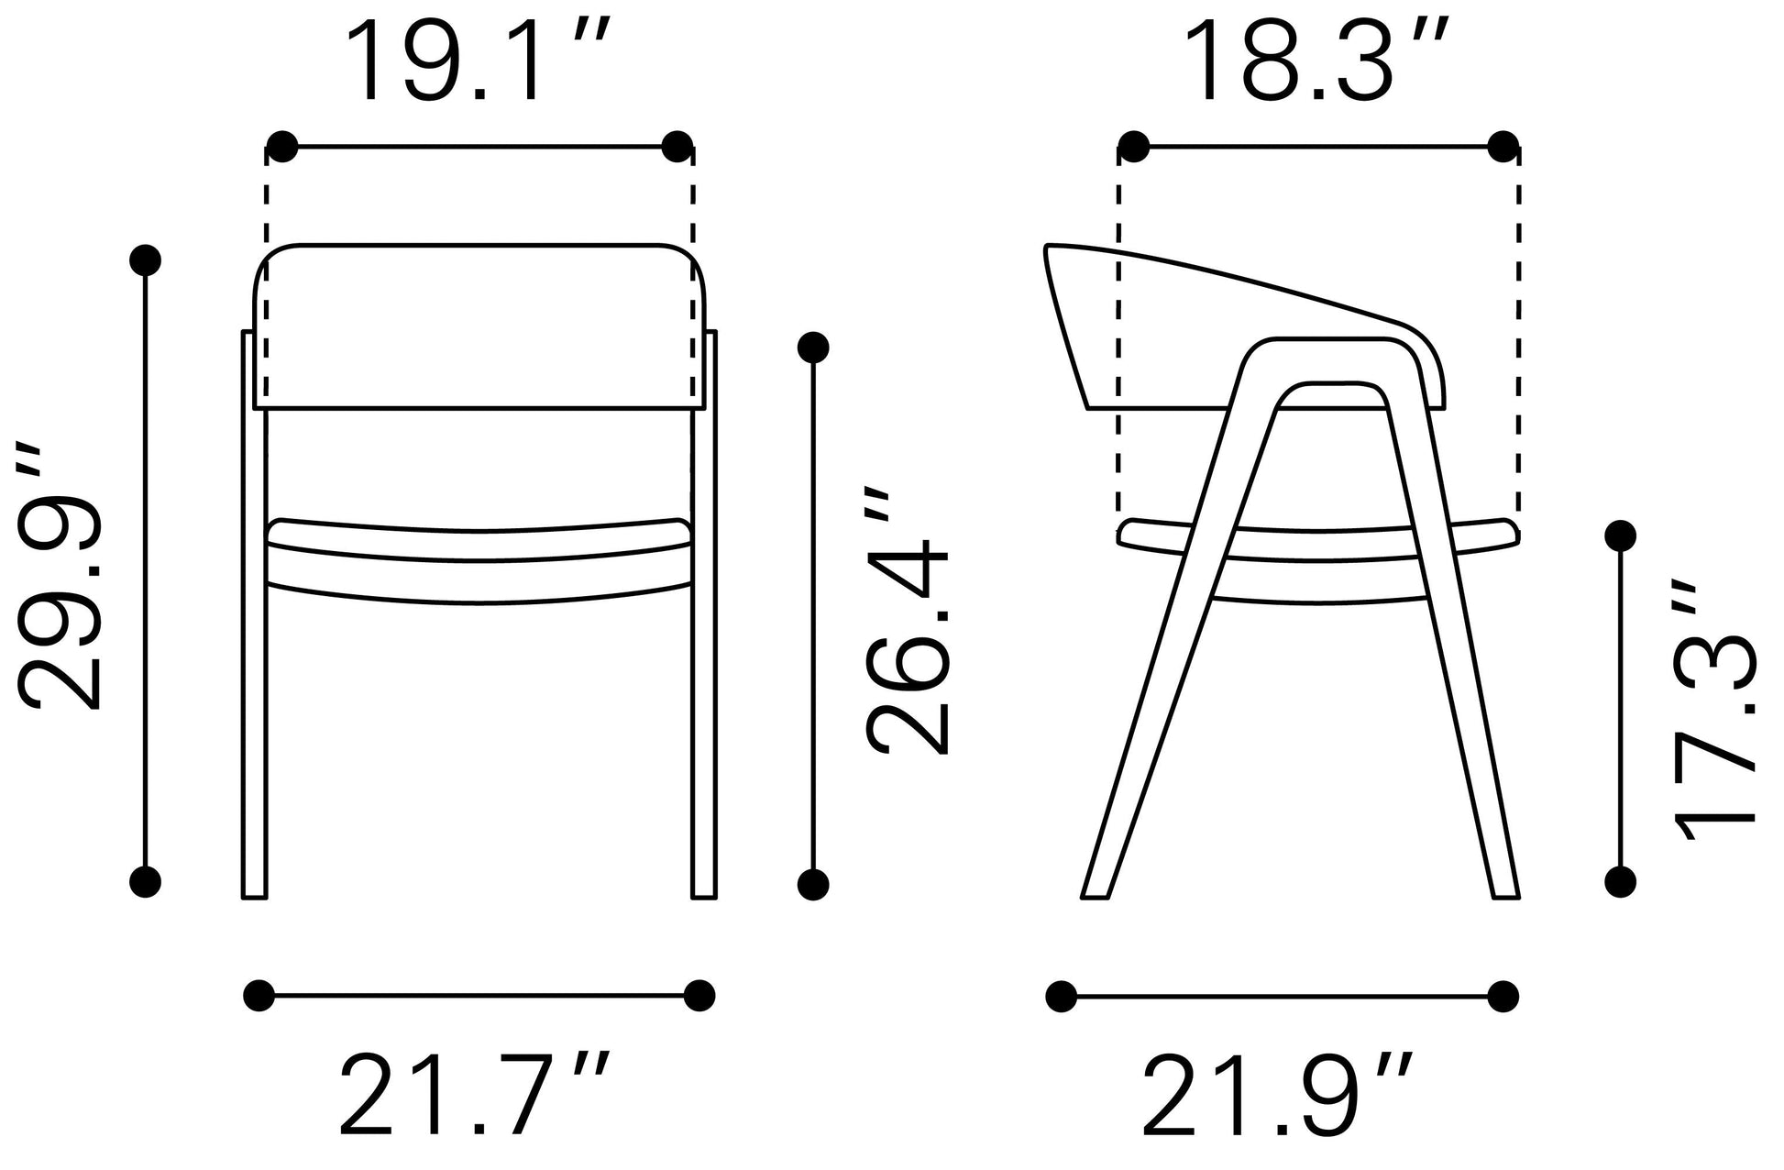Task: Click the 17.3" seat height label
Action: click(1714, 711)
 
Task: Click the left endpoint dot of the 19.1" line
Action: click(282, 146)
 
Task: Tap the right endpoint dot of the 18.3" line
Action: click(1503, 146)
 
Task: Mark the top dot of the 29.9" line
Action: click(146, 260)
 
